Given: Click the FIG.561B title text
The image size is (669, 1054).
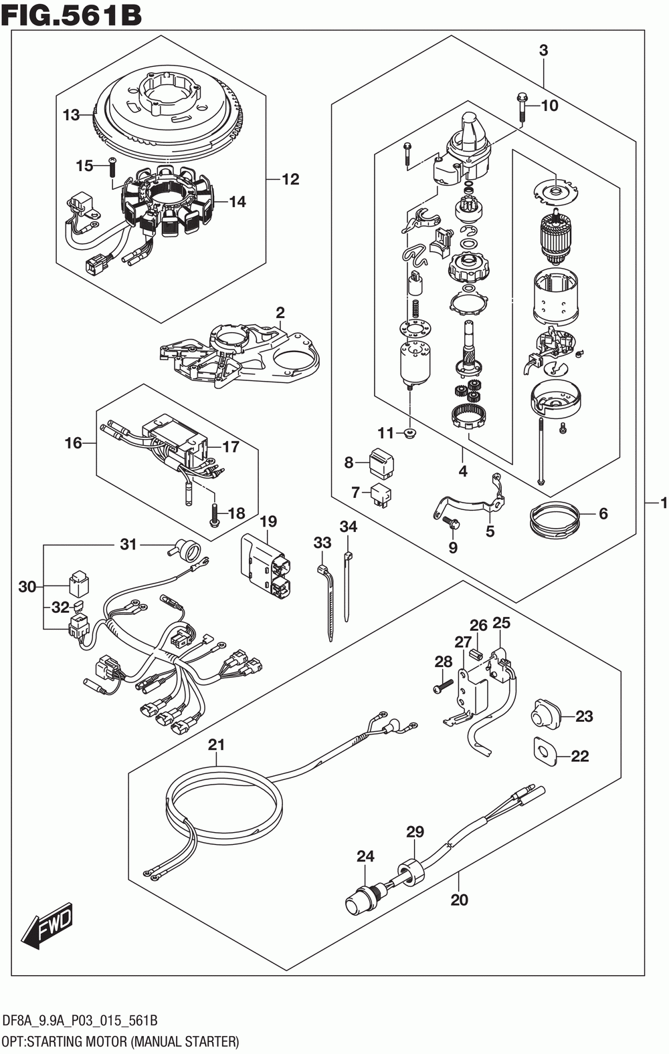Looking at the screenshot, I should (x=72, y=14).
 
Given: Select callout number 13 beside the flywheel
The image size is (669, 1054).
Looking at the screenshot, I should (x=72, y=115).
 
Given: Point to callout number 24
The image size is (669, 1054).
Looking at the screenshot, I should (x=365, y=855).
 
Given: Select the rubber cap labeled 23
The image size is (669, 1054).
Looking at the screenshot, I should (x=545, y=715).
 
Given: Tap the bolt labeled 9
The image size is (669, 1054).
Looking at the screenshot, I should (x=449, y=521).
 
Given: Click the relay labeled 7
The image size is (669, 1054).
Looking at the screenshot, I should (x=382, y=493).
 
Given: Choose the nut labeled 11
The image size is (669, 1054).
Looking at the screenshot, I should (x=409, y=434).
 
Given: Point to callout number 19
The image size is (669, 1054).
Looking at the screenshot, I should (x=268, y=521).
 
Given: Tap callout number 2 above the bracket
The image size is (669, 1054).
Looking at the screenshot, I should (x=280, y=313).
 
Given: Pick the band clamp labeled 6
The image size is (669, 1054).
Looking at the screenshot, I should (x=553, y=520).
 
